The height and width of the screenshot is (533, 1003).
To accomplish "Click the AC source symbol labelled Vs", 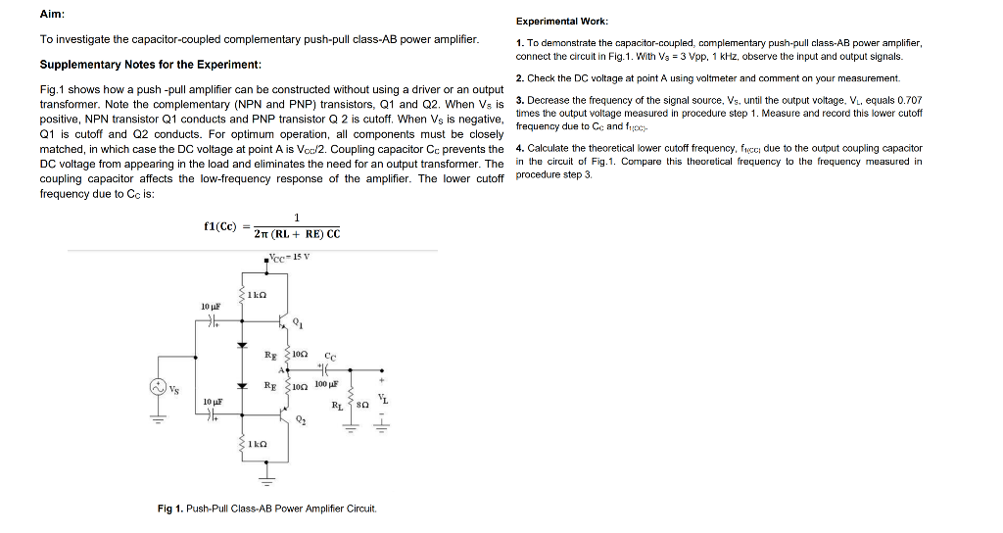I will (x=156, y=387).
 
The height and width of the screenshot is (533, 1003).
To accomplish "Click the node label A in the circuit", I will (x=280, y=369).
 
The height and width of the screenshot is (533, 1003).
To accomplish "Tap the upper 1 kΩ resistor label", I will (x=258, y=295).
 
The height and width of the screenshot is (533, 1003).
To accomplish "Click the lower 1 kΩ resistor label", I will (x=258, y=445).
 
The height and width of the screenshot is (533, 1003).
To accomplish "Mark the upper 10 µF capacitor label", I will (x=211, y=307).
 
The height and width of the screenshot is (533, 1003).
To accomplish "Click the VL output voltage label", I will (x=385, y=396).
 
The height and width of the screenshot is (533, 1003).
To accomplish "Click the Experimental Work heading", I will (x=562, y=21).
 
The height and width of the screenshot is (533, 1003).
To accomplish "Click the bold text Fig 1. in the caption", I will (x=170, y=509).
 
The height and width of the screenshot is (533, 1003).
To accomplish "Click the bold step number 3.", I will (x=519, y=101).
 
